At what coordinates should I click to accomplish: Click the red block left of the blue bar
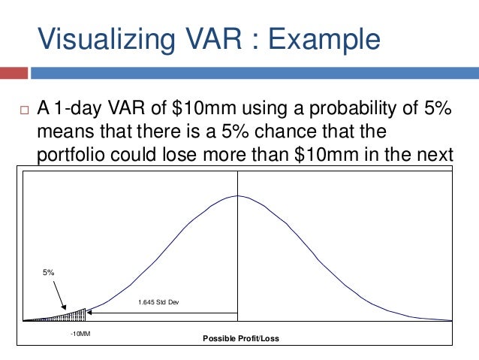click(x=14, y=74)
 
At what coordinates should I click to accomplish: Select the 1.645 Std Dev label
click(x=158, y=302)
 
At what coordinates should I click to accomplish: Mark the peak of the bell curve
click(x=237, y=195)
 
